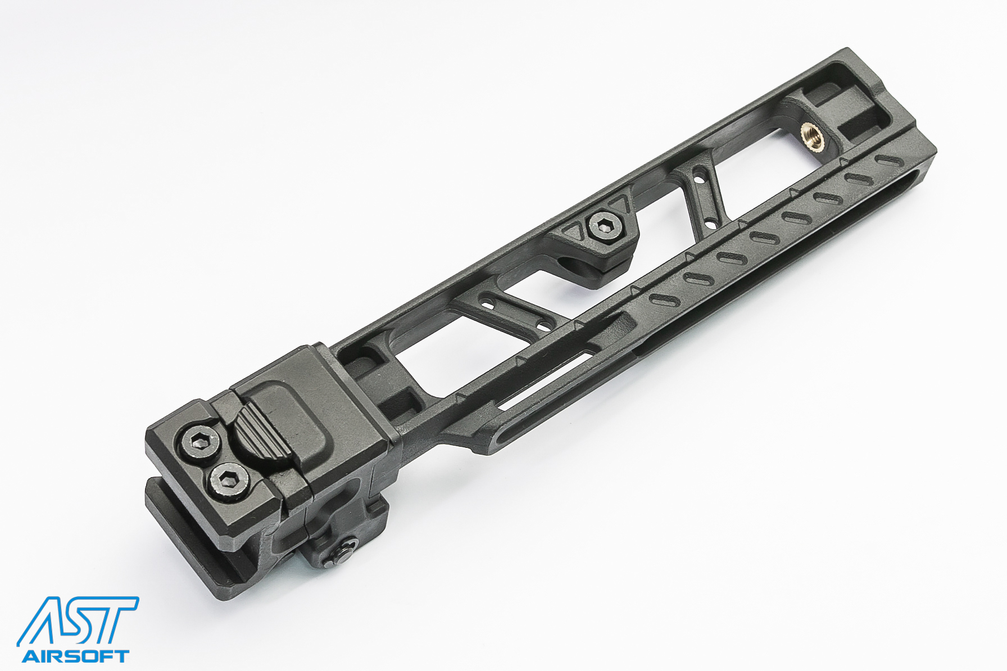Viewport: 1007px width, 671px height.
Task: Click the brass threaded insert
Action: click(813, 137)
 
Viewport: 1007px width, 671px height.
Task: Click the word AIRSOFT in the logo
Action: click(75, 656)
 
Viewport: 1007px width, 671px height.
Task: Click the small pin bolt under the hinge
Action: click(343, 553)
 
